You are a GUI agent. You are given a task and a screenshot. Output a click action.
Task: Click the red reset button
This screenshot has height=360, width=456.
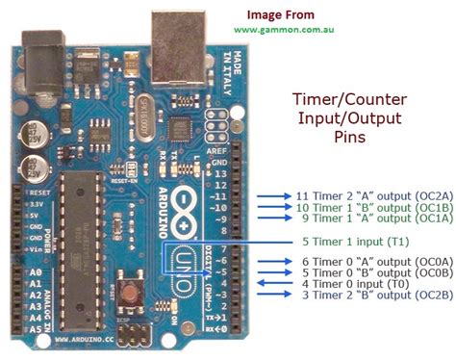(129, 288)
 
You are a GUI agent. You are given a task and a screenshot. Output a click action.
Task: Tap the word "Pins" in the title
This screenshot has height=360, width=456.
(348, 138)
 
